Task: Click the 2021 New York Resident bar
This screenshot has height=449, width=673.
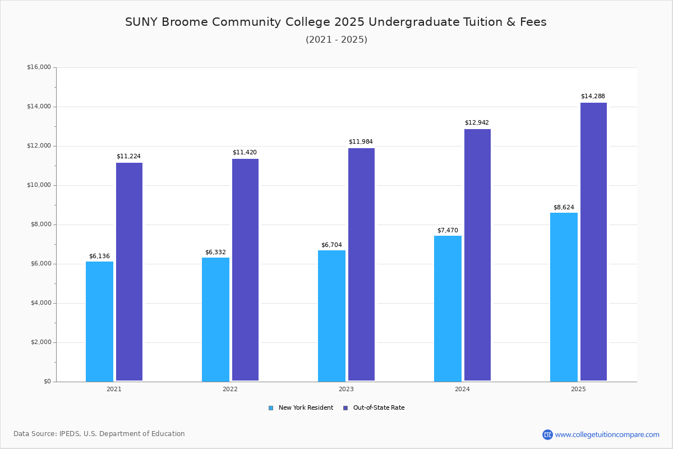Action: pos(99,321)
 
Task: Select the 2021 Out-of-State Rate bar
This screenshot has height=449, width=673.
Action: pos(129,272)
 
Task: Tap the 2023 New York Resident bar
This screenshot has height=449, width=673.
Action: pos(331,315)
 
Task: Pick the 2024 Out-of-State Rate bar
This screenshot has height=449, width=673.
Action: pos(477,255)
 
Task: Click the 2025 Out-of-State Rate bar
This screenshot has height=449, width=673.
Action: pos(593,242)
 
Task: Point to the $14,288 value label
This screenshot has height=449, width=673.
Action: pos(593,97)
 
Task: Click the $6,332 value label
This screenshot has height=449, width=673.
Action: pos(215,253)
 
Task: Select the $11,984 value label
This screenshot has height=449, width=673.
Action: pos(361,142)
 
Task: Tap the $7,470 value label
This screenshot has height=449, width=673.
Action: pos(448,231)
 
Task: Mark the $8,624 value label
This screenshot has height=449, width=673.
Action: pos(564,208)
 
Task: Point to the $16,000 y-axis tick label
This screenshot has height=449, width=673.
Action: pos(39,67)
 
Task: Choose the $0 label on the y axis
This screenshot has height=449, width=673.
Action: pos(47,382)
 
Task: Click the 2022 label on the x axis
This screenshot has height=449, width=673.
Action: pos(230,389)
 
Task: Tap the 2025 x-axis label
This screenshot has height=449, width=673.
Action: pos(578,389)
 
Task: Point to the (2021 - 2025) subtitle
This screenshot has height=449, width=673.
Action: pos(336,40)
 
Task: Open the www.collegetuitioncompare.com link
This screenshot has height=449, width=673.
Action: pos(607,434)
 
